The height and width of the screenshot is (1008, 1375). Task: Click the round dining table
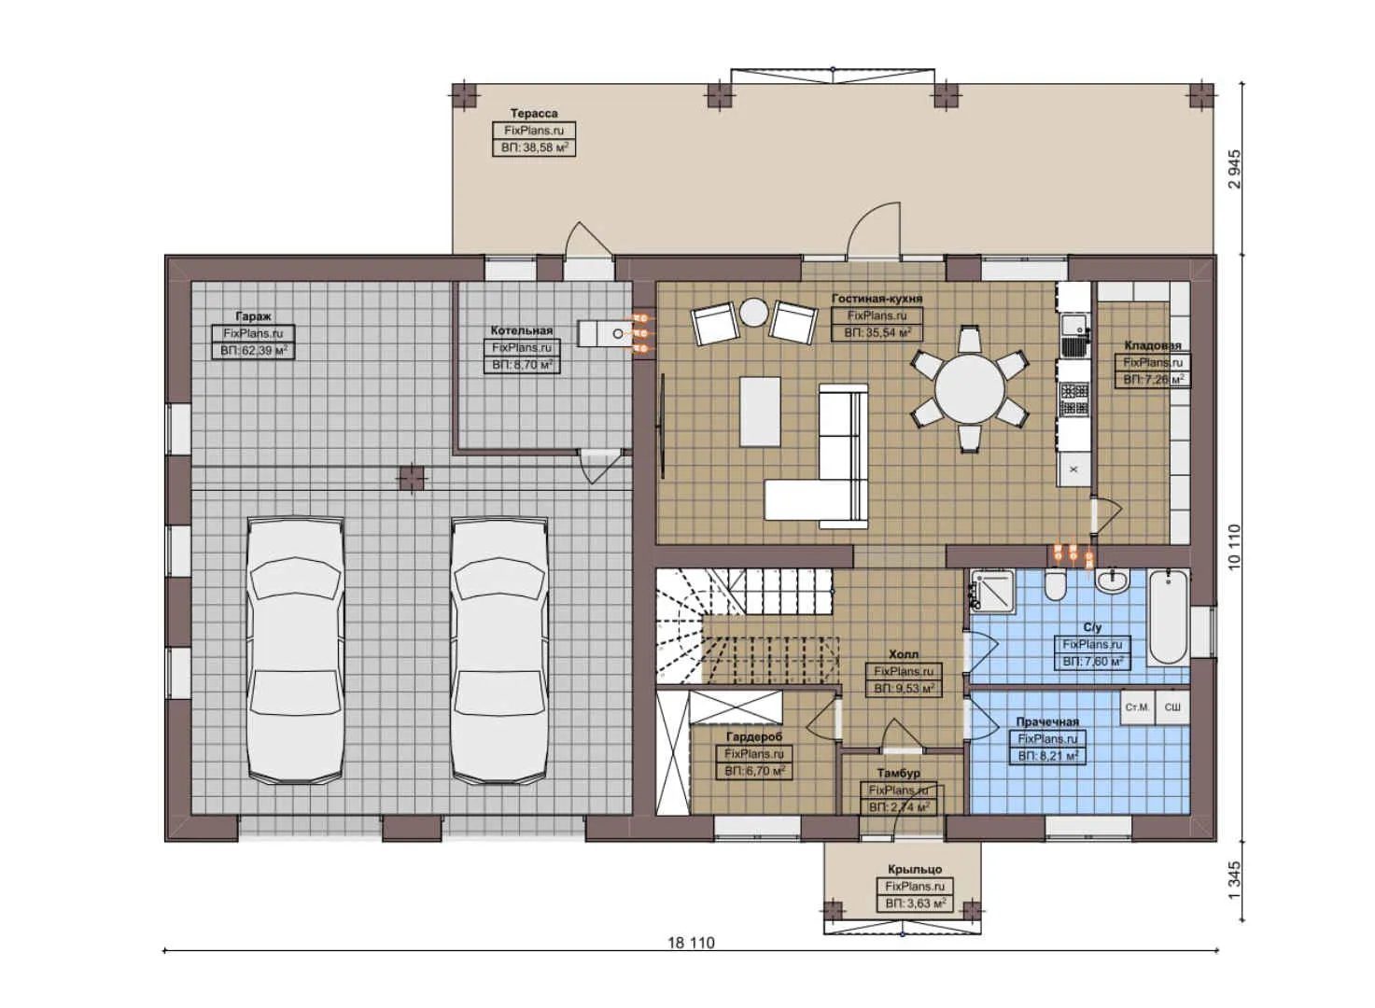coord(970,387)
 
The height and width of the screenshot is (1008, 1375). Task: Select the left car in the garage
coord(295,651)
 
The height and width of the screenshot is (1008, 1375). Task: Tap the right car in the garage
coord(499,651)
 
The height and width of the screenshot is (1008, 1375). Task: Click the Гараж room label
coord(254,316)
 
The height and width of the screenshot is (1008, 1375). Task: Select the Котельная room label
coord(522,330)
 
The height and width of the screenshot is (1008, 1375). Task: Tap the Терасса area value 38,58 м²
coord(534,147)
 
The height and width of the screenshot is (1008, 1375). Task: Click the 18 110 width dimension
coord(691,943)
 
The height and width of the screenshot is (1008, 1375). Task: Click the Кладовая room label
coord(1152,345)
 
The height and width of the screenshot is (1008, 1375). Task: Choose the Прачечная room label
coord(1047,721)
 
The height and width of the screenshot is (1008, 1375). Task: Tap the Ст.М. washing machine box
coord(1137,707)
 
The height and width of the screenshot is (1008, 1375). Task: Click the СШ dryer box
coord(1172,707)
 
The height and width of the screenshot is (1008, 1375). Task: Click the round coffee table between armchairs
coord(753,313)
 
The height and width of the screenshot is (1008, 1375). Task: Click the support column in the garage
coord(411,478)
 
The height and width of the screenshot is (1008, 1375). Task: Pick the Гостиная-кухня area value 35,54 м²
coord(877,331)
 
